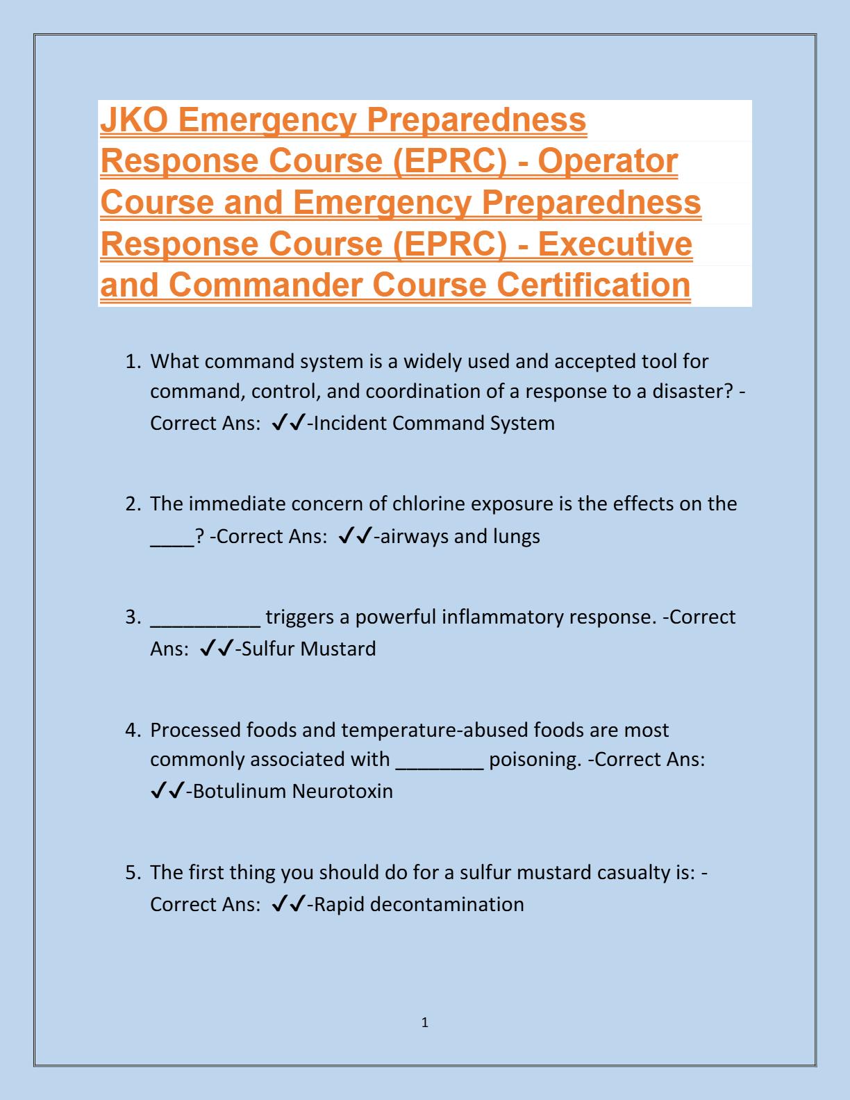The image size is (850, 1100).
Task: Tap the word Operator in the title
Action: click(608, 161)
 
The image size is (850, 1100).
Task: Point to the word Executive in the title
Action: click(615, 244)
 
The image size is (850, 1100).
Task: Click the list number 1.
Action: click(133, 362)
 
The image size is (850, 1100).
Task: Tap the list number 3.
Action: click(133, 617)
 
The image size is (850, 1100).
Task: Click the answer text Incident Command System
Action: click(434, 423)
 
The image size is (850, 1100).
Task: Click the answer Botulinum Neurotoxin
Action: click(292, 791)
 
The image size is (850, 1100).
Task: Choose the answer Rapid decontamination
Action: click(419, 904)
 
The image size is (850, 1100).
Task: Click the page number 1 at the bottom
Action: click(425, 1022)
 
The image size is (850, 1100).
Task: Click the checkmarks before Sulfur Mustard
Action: click(217, 649)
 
